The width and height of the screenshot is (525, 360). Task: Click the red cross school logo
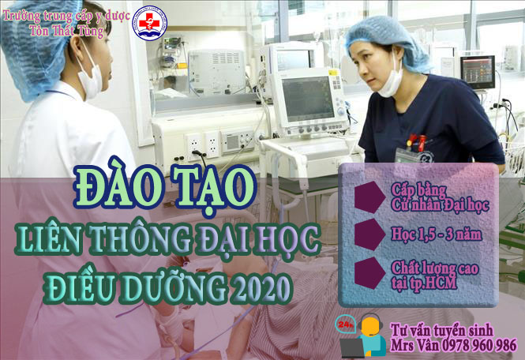[x=149, y=23]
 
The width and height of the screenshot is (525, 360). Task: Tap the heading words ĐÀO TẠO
[x=165, y=187]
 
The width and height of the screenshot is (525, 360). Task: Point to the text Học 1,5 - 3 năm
[x=437, y=234]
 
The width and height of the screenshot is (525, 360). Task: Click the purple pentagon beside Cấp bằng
[x=369, y=197]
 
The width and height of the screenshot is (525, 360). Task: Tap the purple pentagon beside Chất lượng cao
[x=369, y=273]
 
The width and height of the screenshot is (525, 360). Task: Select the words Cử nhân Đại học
[x=440, y=204]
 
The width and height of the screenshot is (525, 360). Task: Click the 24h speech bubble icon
[x=345, y=324]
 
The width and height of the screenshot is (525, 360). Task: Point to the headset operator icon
[x=366, y=336]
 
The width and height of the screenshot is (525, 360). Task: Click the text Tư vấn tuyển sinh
[x=441, y=330]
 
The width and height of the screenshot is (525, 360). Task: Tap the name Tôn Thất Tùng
[x=66, y=31]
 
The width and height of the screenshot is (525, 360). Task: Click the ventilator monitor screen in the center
[x=308, y=99]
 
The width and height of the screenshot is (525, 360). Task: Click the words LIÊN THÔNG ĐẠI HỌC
[x=167, y=239]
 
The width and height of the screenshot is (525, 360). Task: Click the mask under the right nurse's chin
[x=391, y=81]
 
